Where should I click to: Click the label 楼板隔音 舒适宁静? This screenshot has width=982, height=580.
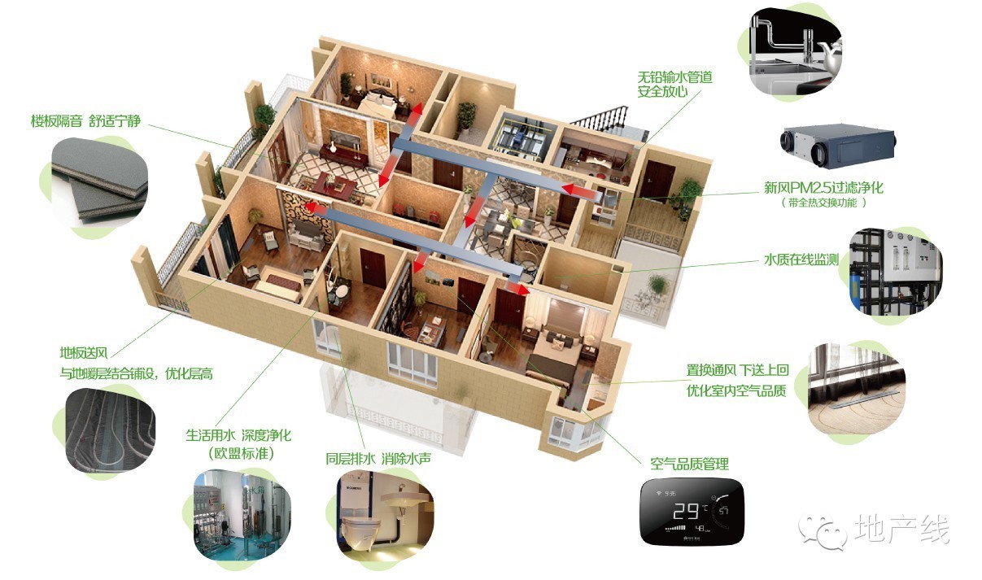click(85, 121)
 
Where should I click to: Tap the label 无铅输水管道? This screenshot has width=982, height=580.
click(674, 77)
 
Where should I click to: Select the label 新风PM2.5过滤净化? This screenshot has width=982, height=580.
click(823, 188)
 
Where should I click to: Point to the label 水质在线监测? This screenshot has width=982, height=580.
click(801, 259)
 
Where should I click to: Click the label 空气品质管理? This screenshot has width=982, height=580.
click(690, 464)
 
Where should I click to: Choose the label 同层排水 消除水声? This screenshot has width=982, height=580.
click(378, 459)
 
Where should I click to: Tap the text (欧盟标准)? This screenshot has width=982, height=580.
click(241, 453)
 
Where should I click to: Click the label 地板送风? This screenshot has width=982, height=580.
click(84, 352)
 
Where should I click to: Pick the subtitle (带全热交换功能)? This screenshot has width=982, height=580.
click(823, 203)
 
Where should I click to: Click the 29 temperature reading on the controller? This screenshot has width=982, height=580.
click(686, 511)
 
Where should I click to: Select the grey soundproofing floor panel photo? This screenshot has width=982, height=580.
click(99, 183)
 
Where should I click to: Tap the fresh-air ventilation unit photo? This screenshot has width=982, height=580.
click(838, 146)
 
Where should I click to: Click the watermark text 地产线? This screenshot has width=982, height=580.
click(901, 529)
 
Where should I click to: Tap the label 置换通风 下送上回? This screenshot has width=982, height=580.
click(738, 370)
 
